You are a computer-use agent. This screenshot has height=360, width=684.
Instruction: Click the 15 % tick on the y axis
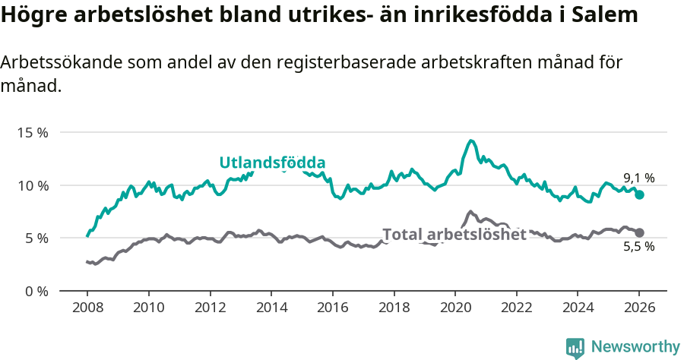pos(32,132)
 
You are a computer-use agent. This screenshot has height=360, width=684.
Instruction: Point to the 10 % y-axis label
pos(32,185)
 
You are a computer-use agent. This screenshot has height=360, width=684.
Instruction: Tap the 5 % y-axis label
pos(35,238)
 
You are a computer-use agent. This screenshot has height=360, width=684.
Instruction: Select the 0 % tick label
pos(35,291)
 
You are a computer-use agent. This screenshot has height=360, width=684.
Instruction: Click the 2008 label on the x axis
pos(87,308)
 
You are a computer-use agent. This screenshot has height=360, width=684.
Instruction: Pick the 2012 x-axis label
pos(210,308)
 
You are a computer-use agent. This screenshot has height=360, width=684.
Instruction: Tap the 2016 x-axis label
pos(332,308)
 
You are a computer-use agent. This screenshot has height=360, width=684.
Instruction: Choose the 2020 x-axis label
pos(454,308)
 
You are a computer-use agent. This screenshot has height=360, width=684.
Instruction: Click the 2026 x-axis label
pos(639,308)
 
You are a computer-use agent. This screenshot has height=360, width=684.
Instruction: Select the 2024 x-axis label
pos(578,308)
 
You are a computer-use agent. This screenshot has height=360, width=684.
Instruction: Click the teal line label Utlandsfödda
pos(272,163)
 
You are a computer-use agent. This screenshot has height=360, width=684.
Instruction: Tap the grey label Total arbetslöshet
pos(454,234)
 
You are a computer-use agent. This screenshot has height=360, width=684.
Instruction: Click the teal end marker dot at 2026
pos(640,194)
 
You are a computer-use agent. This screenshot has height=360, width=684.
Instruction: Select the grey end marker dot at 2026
pos(640,232)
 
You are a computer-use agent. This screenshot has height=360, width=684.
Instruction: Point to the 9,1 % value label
pos(638,178)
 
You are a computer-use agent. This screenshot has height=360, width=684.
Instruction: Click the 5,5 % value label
pos(638,247)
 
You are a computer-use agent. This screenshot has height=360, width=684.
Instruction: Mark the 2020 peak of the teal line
pos(471,141)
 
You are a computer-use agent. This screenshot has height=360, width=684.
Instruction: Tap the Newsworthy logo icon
pos(575,347)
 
